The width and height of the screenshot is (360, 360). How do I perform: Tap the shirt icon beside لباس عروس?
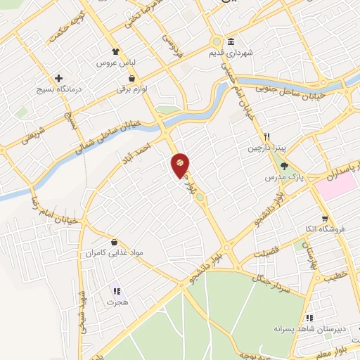click(x=116, y=51)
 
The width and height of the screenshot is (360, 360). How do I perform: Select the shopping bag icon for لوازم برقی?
click(x=132, y=79)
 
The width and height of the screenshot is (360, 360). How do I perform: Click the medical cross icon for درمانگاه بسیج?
click(x=59, y=78)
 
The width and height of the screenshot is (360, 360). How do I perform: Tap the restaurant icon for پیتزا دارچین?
click(x=267, y=136)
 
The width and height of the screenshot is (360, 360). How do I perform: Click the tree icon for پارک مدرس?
click(x=283, y=167)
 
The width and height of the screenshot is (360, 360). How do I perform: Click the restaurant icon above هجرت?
click(x=117, y=290)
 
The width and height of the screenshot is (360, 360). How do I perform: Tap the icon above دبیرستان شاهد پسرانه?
click(x=309, y=317)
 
